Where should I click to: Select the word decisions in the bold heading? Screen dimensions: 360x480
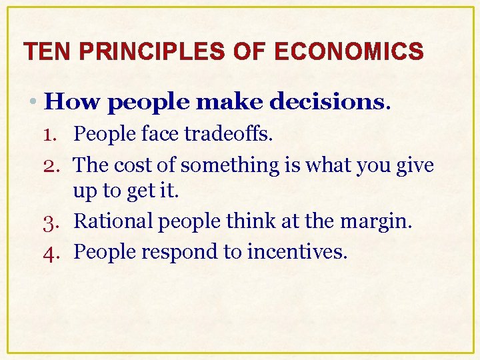(x=327, y=101)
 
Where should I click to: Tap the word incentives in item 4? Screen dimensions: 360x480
(x=297, y=251)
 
